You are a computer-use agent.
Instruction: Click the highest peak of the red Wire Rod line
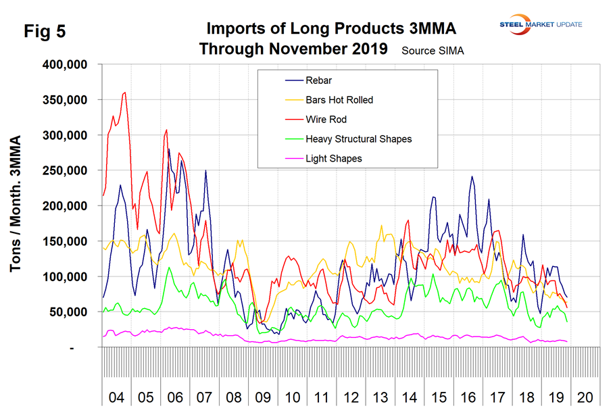tap(125, 93)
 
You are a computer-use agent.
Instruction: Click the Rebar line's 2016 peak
tap(472, 176)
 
